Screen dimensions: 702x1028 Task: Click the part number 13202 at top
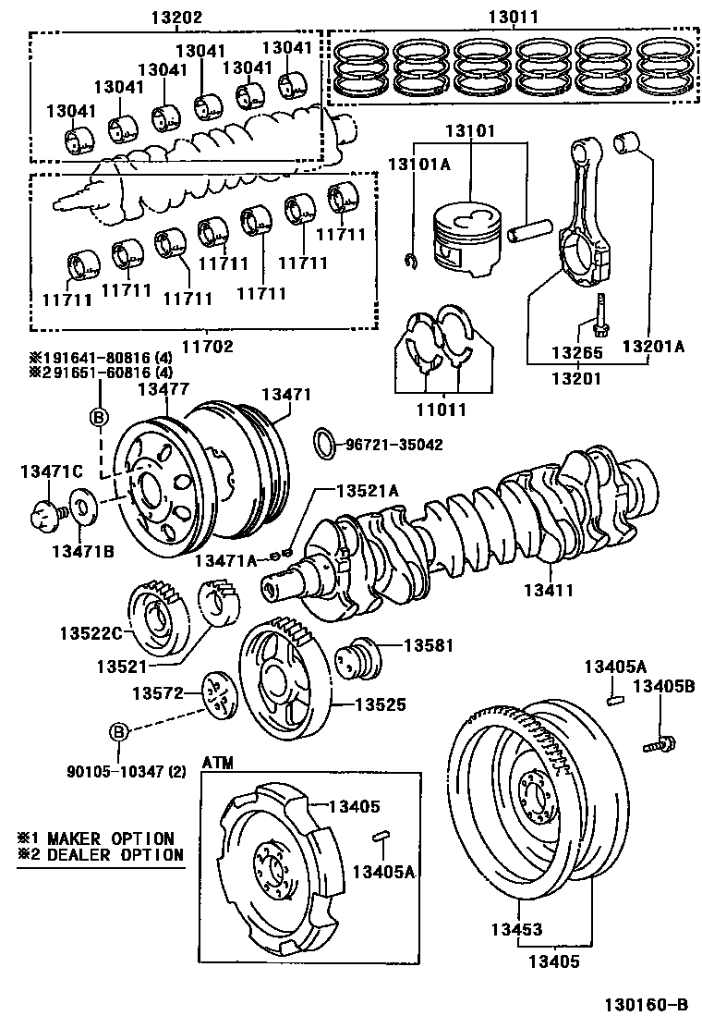pos(176,17)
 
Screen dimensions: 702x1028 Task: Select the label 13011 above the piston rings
pos(513,17)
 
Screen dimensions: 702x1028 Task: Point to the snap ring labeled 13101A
pos(411,261)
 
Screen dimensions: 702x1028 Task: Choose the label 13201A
pos(652,346)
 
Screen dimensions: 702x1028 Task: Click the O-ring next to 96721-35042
pos(325,445)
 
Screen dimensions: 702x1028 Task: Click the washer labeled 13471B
pos(83,507)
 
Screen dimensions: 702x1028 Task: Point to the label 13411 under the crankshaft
pos(548,590)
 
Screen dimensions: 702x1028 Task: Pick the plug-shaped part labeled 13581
pos(358,657)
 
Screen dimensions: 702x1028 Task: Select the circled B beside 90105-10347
pos(117,731)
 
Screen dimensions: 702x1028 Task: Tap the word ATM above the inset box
pos(217,763)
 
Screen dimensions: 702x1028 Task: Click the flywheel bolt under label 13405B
pos(659,744)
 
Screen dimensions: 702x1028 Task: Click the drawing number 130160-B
pos(646,1004)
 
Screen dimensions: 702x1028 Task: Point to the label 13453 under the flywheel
pos(516,929)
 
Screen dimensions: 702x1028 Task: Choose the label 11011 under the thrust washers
pos(442,410)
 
